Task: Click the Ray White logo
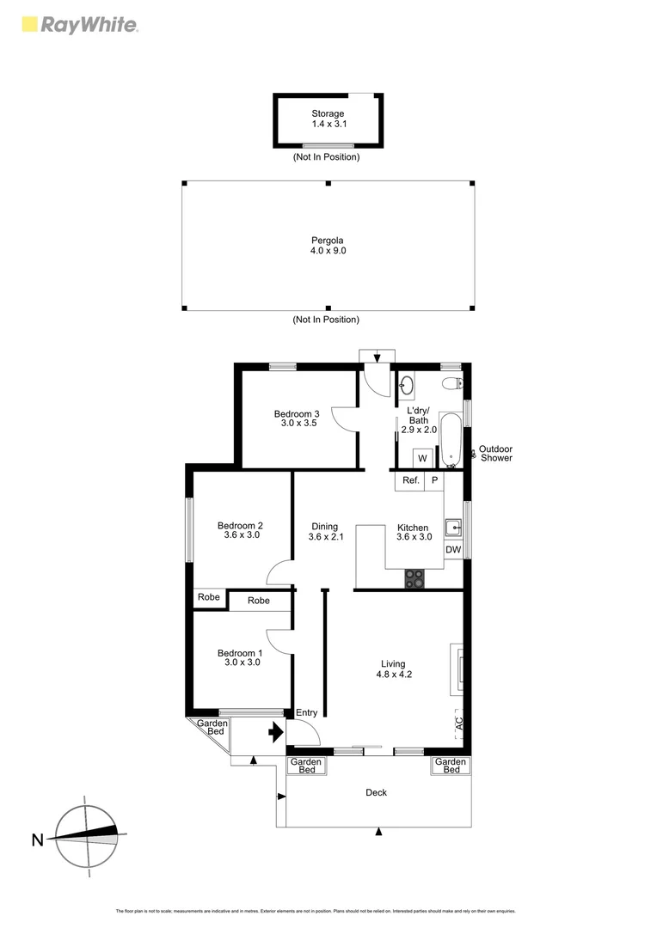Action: [78, 25]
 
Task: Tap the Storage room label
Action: [328, 119]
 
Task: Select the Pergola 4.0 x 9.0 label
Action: [328, 245]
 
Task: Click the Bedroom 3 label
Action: [298, 418]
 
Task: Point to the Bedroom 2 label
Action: [240, 530]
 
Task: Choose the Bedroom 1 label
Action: [240, 657]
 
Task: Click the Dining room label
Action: [324, 532]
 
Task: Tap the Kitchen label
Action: [413, 532]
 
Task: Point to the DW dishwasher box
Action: [453, 550]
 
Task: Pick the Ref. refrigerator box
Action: [410, 480]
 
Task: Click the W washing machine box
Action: [422, 458]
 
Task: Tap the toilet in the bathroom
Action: [451, 384]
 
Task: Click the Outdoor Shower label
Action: [495, 453]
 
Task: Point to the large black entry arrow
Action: [276, 733]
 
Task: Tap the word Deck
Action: [376, 792]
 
